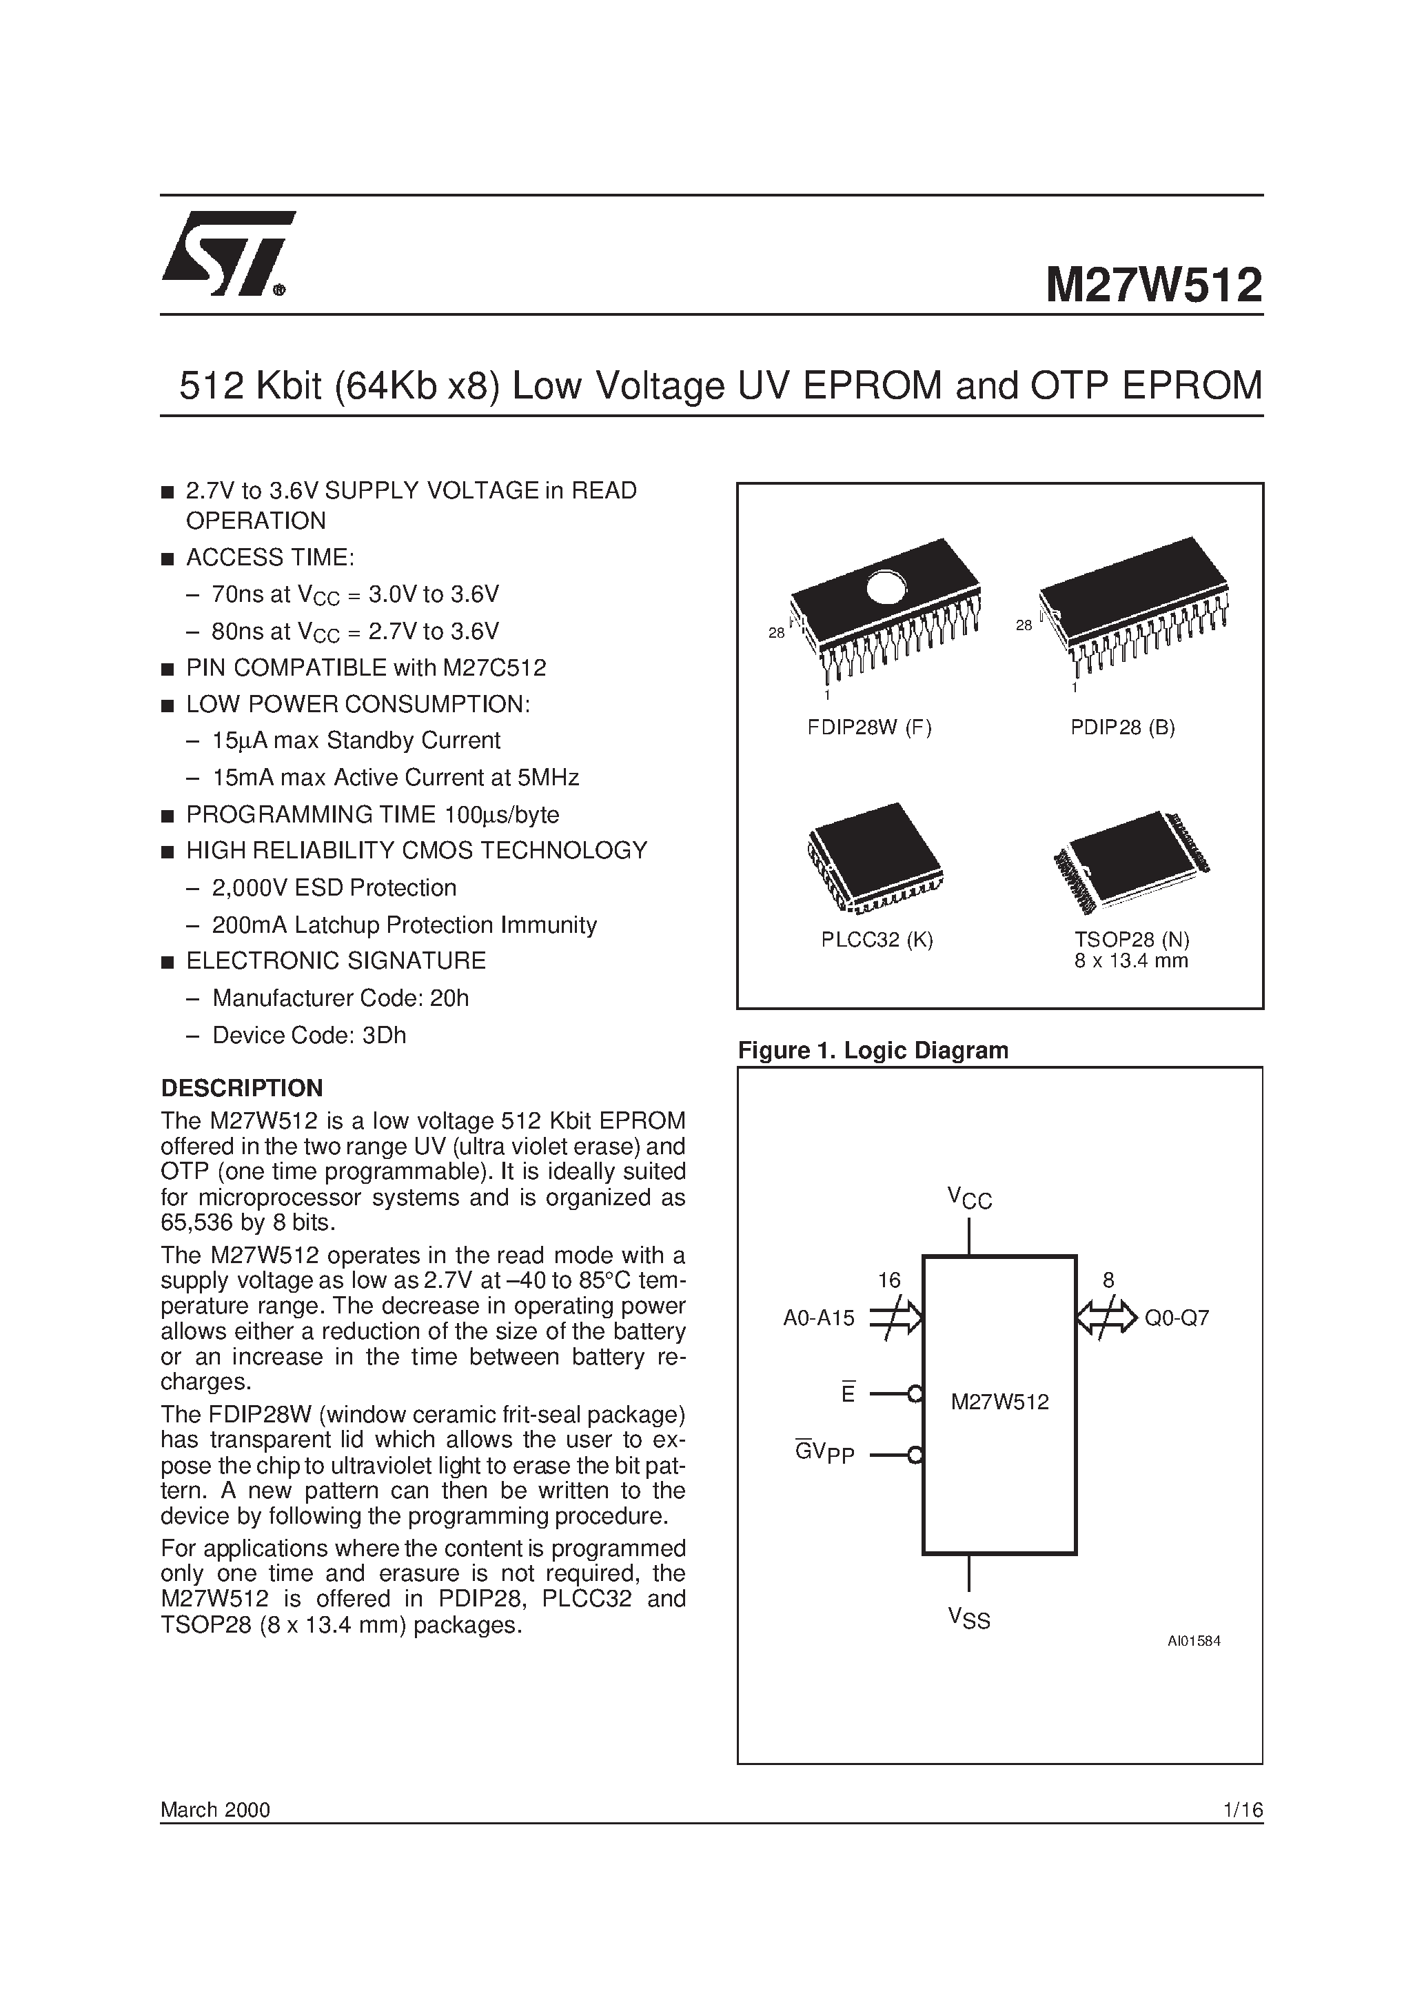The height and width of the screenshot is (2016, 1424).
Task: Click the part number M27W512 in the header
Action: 1152,286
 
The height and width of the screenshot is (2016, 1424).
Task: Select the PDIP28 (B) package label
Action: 1122,727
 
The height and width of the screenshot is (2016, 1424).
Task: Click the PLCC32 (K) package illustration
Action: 875,859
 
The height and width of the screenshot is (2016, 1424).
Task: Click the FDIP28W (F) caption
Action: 869,727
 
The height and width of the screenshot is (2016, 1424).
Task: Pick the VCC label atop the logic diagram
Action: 969,1198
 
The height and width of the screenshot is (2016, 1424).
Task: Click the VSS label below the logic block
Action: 968,1617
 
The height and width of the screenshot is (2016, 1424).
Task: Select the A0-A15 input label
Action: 818,1318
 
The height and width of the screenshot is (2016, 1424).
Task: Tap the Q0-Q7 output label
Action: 1177,1318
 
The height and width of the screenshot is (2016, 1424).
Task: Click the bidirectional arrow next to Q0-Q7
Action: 1106,1318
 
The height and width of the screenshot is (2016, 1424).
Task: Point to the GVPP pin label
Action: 824,1453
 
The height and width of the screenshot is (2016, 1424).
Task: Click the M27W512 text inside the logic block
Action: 1000,1402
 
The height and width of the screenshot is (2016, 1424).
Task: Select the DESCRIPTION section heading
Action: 241,1088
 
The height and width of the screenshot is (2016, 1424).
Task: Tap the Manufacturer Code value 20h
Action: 449,998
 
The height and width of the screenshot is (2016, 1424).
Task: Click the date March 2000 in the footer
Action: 215,1810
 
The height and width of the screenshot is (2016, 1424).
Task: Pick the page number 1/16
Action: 1241,1810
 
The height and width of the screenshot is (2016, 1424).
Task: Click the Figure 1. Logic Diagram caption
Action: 873,1050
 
